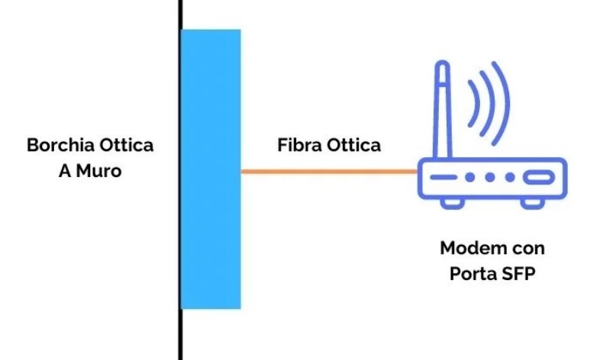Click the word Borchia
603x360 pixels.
[x=55, y=146]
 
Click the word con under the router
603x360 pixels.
[x=528, y=249]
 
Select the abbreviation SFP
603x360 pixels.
[x=515, y=274]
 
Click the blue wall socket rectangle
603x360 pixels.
[x=211, y=169]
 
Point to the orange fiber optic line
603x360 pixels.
[x=329, y=172]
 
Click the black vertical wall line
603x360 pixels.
[x=180, y=336]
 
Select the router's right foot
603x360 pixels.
[x=534, y=204]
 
